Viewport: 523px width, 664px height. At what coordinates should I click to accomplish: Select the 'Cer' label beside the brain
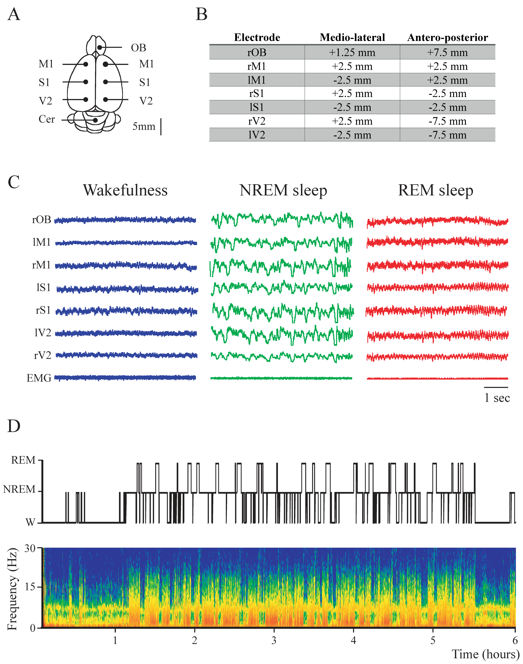point(47,119)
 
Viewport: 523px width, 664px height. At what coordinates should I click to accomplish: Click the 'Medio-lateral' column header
point(352,37)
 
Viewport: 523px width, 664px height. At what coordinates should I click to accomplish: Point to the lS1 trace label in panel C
point(43,288)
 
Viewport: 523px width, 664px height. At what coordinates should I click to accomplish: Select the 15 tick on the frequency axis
point(30,587)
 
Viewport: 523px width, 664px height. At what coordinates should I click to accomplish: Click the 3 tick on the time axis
point(274,640)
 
